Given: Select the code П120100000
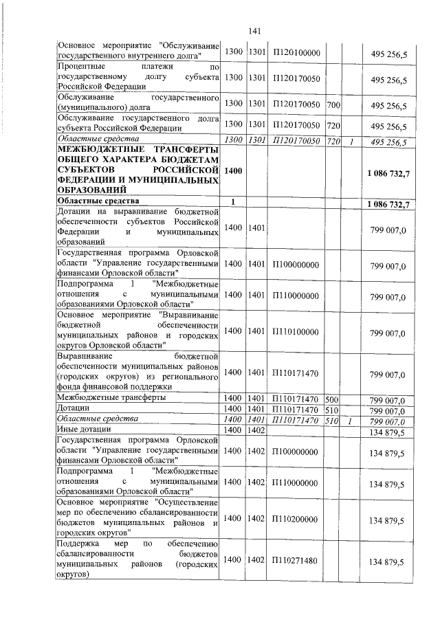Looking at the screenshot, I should coord(295,52).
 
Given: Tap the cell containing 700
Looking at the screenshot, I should coord(333,105).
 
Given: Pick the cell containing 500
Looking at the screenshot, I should coord(331,399).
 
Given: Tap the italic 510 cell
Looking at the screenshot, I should coord(331,419).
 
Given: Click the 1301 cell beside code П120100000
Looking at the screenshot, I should coord(256,52).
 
